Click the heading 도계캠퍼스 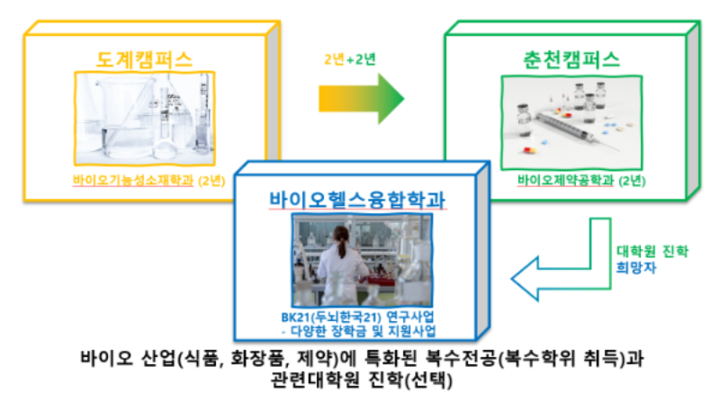click(x=144, y=59)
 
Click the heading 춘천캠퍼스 click(x=571, y=59)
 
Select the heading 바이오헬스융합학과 click(x=357, y=200)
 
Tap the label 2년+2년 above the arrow click(x=350, y=59)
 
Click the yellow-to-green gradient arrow click(x=362, y=99)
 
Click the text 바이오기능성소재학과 click(x=133, y=180)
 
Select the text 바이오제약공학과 click(x=566, y=180)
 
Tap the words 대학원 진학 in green click(x=652, y=251)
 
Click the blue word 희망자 click(x=636, y=268)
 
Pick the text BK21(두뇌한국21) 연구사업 click(x=357, y=317)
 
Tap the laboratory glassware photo click(x=145, y=119)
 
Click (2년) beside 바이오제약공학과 click(x=632, y=181)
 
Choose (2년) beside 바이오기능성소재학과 click(x=211, y=181)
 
